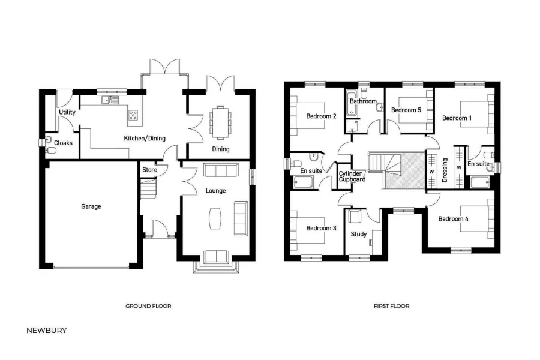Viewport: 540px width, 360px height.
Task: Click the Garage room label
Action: [91, 206]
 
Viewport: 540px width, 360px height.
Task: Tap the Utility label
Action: [67, 112]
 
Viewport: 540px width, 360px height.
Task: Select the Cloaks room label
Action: [63, 143]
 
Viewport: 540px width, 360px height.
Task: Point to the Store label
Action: [149, 170]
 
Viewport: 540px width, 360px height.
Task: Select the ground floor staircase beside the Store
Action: [148, 191]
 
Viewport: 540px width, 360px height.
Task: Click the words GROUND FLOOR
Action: [148, 306]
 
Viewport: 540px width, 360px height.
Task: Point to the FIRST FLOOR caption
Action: [391, 306]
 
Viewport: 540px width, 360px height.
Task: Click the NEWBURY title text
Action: [47, 330]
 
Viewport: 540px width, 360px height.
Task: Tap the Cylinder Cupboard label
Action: [352, 176]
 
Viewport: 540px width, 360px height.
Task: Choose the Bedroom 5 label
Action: [406, 110]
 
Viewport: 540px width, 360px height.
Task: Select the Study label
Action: [358, 234]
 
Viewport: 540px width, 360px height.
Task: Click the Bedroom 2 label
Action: [321, 116]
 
